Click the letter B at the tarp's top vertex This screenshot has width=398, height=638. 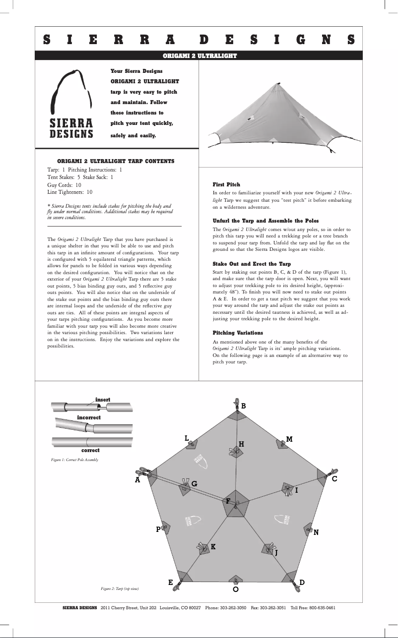[x=243, y=406]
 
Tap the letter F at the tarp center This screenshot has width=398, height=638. [x=228, y=501]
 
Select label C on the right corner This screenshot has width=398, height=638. [x=334, y=479]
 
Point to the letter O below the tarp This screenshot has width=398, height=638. [x=236, y=590]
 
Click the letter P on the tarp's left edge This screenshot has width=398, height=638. [x=158, y=529]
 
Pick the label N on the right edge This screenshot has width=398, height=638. [x=316, y=532]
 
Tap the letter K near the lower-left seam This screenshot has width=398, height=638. [x=213, y=546]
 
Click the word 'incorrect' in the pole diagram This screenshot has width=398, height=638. [x=89, y=418]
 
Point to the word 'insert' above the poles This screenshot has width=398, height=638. [x=103, y=400]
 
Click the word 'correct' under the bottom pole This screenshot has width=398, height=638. [x=90, y=450]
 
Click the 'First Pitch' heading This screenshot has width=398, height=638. [x=226, y=184]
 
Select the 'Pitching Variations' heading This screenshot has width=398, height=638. [x=238, y=333]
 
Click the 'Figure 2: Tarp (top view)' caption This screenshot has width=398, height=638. [x=120, y=588]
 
